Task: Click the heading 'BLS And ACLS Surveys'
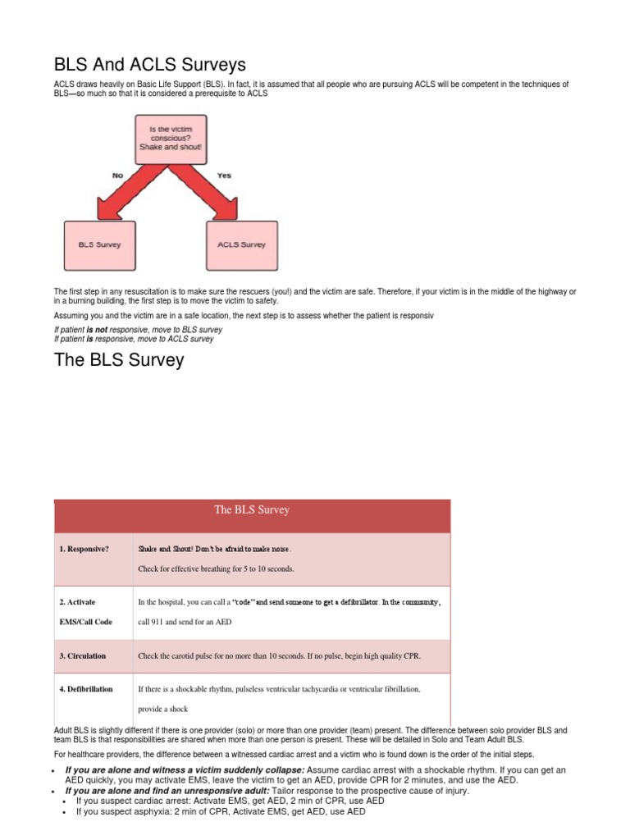tap(150, 64)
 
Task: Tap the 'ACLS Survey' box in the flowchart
tap(242, 244)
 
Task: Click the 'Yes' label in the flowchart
tap(224, 176)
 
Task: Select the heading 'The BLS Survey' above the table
tap(119, 360)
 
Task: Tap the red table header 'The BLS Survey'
tap(252, 510)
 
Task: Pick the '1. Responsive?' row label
tap(84, 549)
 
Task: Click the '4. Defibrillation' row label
tap(86, 689)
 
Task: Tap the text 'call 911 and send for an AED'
tap(185, 623)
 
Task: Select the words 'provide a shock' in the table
tap(163, 710)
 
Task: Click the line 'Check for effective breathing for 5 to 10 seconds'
tap(216, 568)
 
